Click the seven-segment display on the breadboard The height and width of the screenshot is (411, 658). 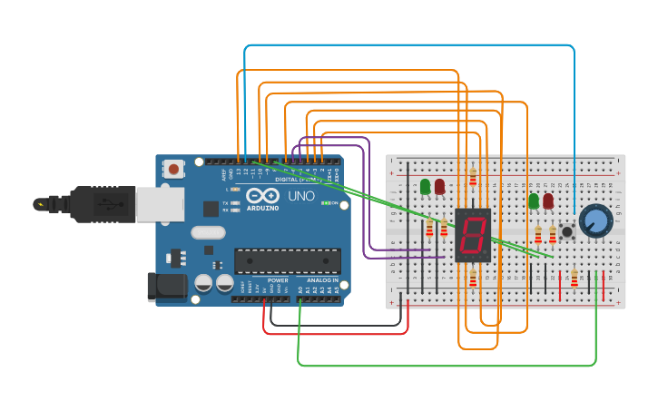[x=472, y=236]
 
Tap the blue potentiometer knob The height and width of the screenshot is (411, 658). [x=595, y=220]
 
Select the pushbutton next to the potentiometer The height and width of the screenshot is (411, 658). [x=567, y=232]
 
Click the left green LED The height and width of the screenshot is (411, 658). [x=425, y=187]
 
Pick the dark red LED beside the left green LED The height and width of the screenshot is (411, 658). [x=440, y=187]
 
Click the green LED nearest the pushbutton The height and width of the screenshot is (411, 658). [x=534, y=201]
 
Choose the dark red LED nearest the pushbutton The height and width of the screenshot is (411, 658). [x=548, y=201]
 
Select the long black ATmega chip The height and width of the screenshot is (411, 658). [x=288, y=261]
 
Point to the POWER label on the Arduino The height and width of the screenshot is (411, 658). [x=279, y=280]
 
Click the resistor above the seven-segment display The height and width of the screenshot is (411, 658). [x=472, y=177]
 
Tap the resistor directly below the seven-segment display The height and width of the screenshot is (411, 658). [x=472, y=279]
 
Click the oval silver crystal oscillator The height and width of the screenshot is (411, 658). [x=208, y=232]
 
